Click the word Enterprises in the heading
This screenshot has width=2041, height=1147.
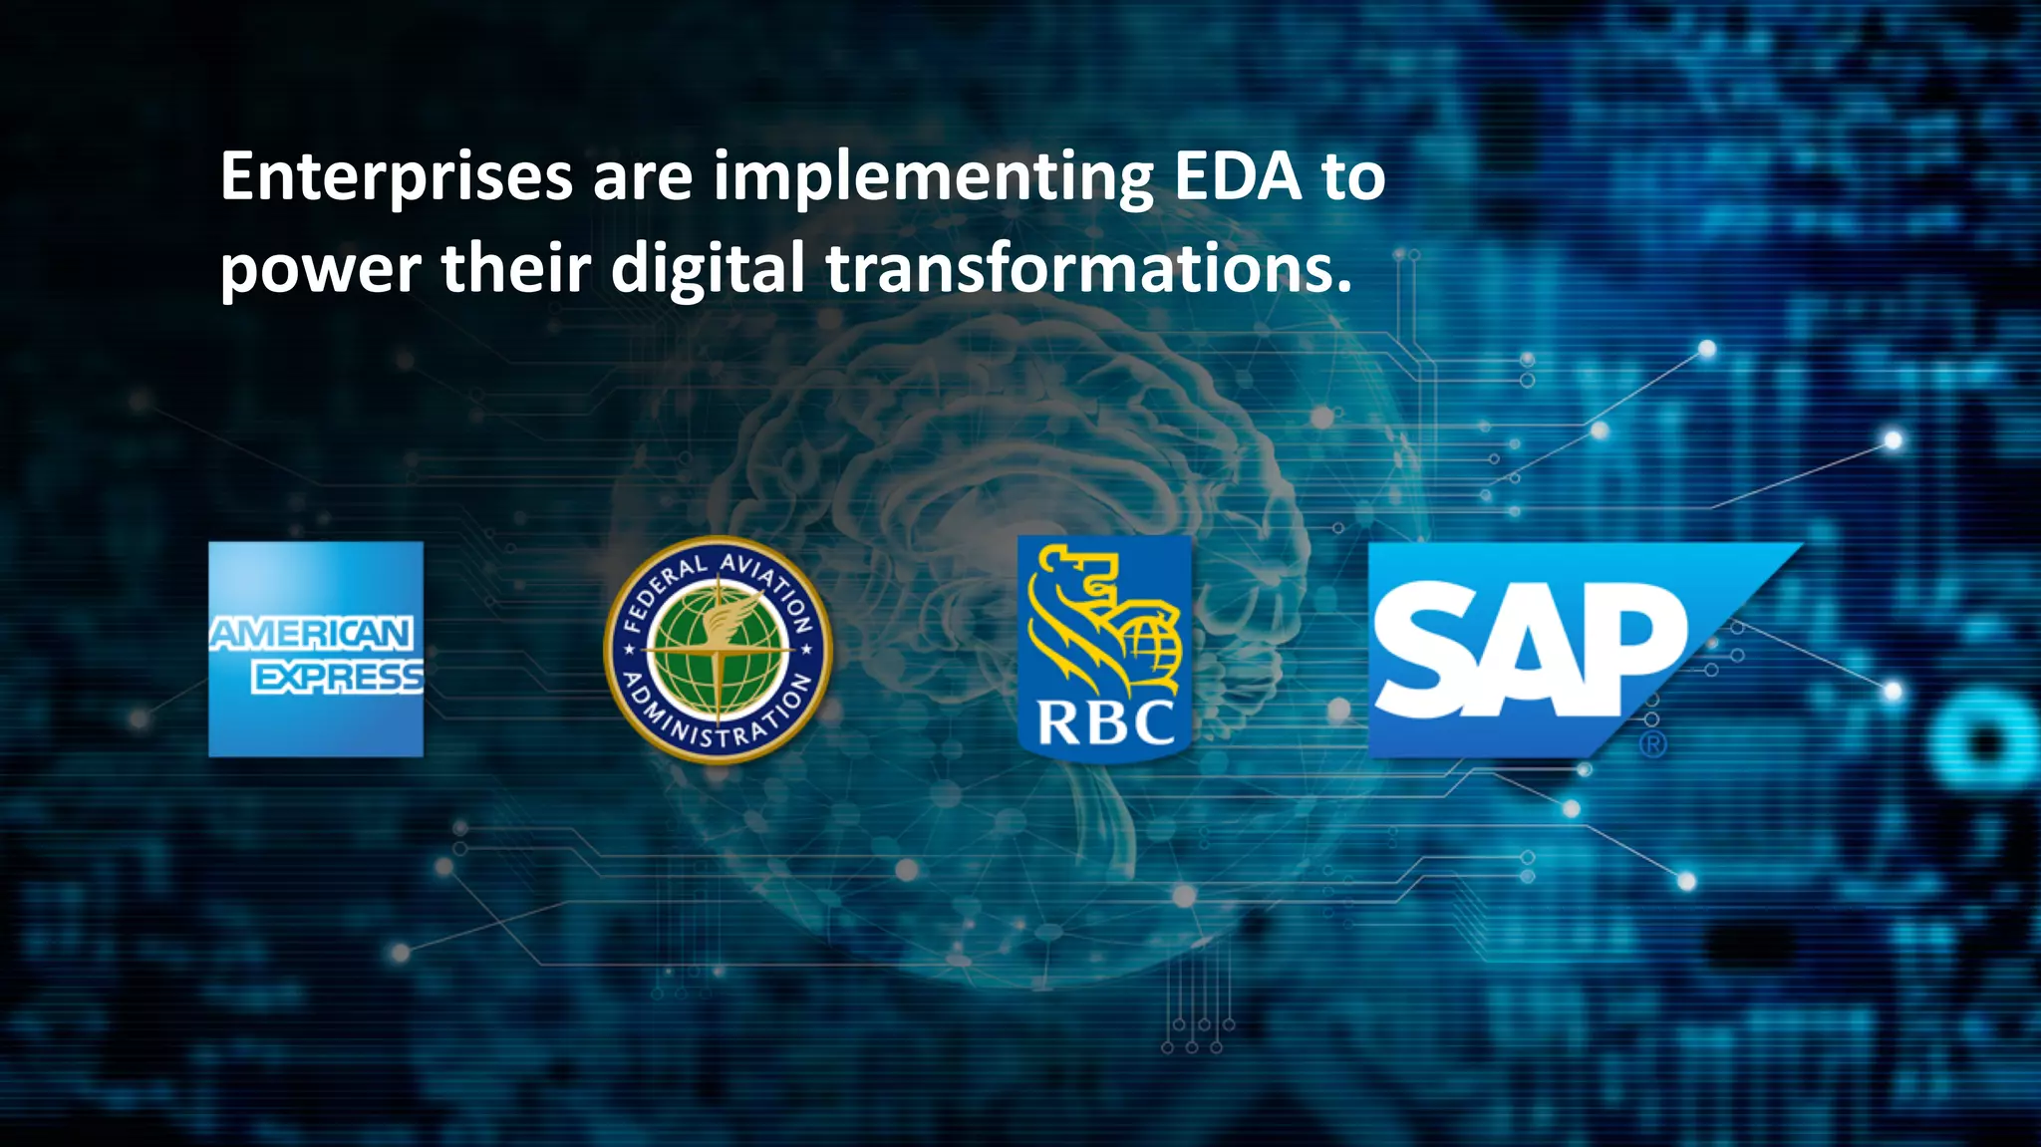396,176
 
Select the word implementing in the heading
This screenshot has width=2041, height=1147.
932,179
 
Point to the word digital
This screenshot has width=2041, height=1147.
707,269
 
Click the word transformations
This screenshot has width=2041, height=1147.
1088,269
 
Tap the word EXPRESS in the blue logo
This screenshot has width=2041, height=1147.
338,678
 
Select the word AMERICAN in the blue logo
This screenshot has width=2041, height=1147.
311,634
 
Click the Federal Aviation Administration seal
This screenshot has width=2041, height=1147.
718,650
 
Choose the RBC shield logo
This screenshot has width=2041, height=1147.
1104,648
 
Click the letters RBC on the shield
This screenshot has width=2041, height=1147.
1105,721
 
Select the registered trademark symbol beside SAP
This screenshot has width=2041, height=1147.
1652,743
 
